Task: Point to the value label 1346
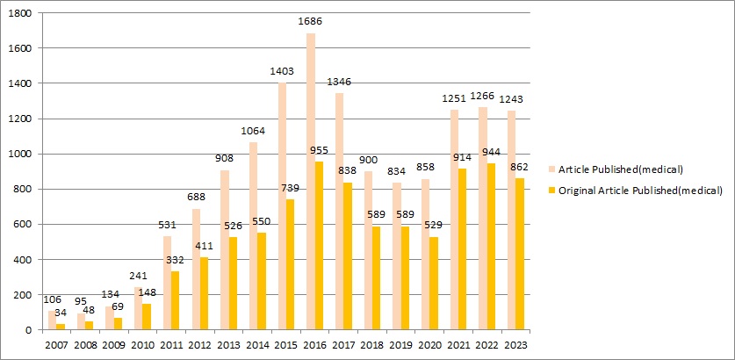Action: point(340,83)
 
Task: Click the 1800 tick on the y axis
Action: point(22,13)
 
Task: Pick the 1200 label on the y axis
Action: point(22,119)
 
